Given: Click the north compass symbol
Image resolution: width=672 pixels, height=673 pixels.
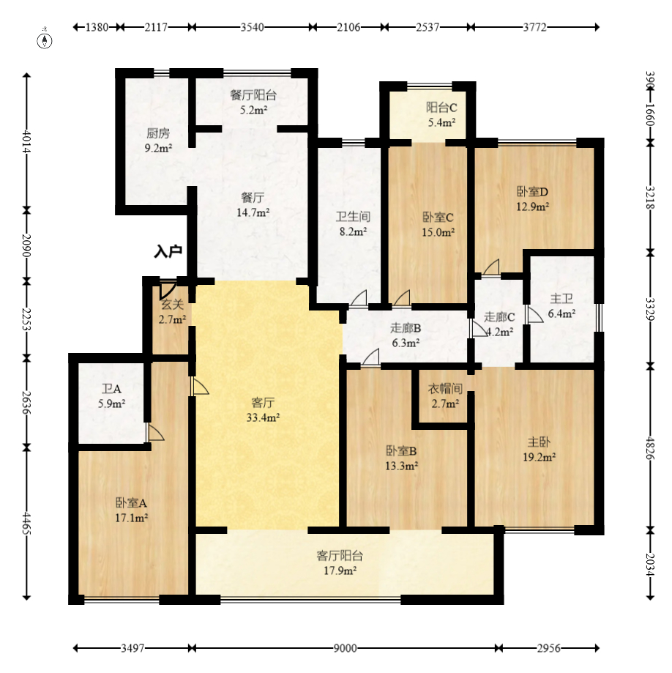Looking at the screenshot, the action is click(x=45, y=40).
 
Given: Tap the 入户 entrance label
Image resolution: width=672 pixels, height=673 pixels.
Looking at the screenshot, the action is click(x=168, y=251).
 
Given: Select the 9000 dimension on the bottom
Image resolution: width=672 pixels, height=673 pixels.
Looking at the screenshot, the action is click(x=345, y=648).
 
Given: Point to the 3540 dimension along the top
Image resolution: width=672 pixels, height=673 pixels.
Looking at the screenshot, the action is click(x=252, y=27).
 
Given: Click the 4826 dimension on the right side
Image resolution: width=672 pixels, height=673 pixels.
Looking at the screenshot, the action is click(x=650, y=448).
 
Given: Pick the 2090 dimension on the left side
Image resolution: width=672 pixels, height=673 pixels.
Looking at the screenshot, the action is click(x=26, y=245).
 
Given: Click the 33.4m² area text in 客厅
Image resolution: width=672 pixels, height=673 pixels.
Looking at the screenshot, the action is click(x=263, y=417).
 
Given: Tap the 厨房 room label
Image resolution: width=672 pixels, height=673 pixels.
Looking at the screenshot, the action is click(x=158, y=133).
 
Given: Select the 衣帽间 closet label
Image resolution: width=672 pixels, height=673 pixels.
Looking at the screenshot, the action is click(x=445, y=389).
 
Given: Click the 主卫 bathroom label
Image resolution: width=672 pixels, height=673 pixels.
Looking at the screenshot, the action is click(x=561, y=299).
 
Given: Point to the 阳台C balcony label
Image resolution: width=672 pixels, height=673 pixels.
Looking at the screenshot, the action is click(x=441, y=108).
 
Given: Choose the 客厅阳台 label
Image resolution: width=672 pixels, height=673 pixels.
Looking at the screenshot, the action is click(x=340, y=556).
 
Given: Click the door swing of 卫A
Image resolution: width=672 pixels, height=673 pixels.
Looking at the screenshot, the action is click(x=155, y=432).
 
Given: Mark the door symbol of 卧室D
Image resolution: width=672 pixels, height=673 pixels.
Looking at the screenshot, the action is click(x=491, y=267).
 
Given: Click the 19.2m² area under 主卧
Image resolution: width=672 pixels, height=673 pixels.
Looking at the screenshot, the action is click(x=539, y=457).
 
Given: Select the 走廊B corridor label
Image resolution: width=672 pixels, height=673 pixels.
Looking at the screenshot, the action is click(x=406, y=328).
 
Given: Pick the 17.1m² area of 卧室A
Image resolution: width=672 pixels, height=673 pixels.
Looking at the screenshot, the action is click(x=131, y=518).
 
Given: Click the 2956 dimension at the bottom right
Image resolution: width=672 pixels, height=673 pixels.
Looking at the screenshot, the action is click(x=548, y=648).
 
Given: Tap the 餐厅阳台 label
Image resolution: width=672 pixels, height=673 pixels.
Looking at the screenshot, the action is click(x=253, y=95).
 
